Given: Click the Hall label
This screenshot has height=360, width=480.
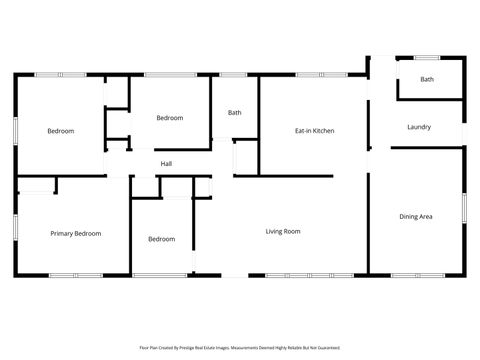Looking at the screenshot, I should pyautogui.click(x=166, y=164).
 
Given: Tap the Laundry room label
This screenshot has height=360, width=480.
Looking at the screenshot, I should pyautogui.click(x=419, y=127).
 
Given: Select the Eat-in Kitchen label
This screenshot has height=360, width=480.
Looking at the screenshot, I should pyautogui.click(x=314, y=131).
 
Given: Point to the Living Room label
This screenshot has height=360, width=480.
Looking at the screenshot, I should pyautogui.click(x=283, y=232).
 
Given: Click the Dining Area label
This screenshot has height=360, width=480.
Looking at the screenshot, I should pyautogui.click(x=416, y=217).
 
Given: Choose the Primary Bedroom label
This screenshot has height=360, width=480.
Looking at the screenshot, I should pyautogui.click(x=76, y=234).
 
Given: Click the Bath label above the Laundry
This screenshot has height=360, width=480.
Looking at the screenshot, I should pyautogui.click(x=427, y=79).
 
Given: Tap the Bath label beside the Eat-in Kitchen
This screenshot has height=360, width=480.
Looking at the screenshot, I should pyautogui.click(x=235, y=113).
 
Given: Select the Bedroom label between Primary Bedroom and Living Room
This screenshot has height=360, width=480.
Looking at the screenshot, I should pyautogui.click(x=162, y=239).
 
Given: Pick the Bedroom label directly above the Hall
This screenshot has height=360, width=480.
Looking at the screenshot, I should pyautogui.click(x=170, y=118).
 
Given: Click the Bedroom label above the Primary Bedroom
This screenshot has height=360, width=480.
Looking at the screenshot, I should pyautogui.click(x=61, y=131).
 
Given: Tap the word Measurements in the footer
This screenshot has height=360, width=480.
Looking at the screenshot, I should pyautogui.click(x=250, y=348).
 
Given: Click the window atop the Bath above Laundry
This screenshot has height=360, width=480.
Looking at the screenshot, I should pyautogui.click(x=427, y=58).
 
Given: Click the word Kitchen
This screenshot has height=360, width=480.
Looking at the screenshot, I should pyautogui.click(x=322, y=131).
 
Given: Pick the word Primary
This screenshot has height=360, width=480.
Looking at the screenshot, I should pyautogui.click(x=63, y=234).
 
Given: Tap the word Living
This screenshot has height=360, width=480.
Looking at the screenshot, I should pyautogui.click(x=273, y=232).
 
